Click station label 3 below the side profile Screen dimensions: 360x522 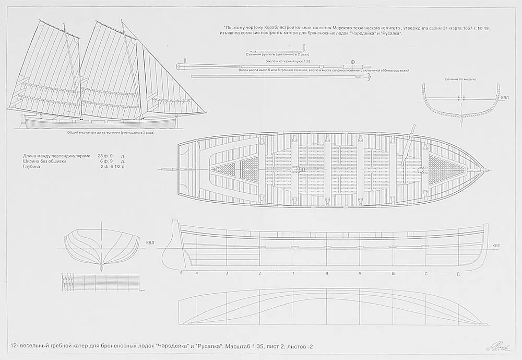click(x=227, y=273)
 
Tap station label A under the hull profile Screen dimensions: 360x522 click(x=360, y=273)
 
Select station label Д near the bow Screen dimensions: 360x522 click(x=458, y=273)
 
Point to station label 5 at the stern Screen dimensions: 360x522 click(x=181, y=273)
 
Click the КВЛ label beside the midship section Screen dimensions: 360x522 click(x=504, y=97)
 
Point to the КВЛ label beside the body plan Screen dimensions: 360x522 click(x=150, y=243)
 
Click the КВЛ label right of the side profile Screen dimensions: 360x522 click(x=496, y=246)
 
